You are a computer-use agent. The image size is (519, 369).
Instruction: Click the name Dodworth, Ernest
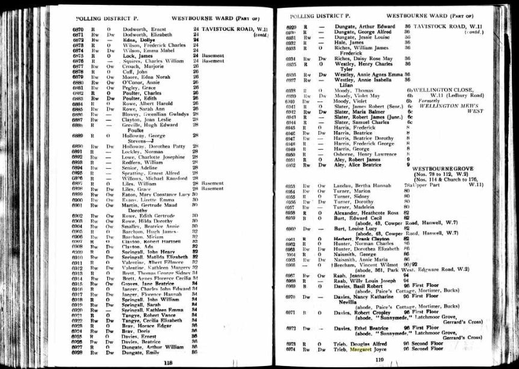(x=143, y=29)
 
